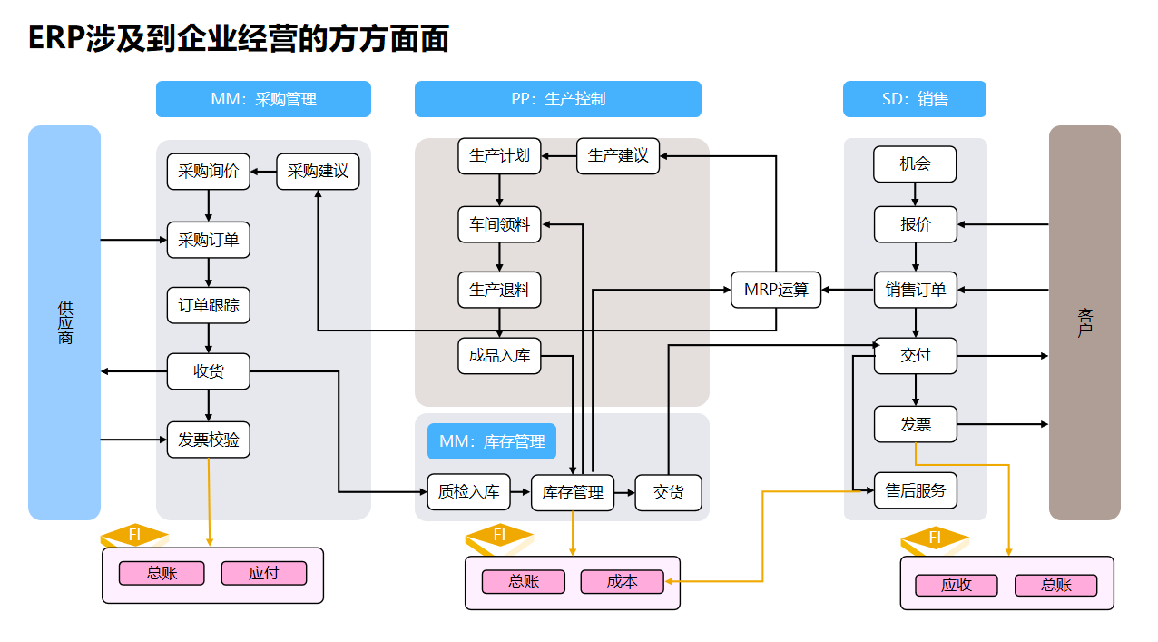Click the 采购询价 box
[x=209, y=172]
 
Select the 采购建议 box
[x=318, y=172]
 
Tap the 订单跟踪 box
[x=209, y=306]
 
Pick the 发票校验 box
[x=209, y=440]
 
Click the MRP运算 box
[x=776, y=291]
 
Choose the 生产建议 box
[x=618, y=155]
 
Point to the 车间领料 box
[x=499, y=223]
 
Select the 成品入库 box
[x=499, y=356]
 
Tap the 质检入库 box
[x=468, y=492]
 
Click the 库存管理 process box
[x=573, y=492]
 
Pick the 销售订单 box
[x=916, y=291]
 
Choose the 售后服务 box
[x=916, y=490]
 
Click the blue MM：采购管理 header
[x=263, y=99]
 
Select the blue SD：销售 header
[x=915, y=99]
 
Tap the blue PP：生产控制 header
[x=558, y=99]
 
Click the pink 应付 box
[x=264, y=573]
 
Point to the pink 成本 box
[x=623, y=581]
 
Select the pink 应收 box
[x=957, y=585]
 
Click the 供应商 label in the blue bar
[x=64, y=323]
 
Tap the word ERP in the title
[x=56, y=39]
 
